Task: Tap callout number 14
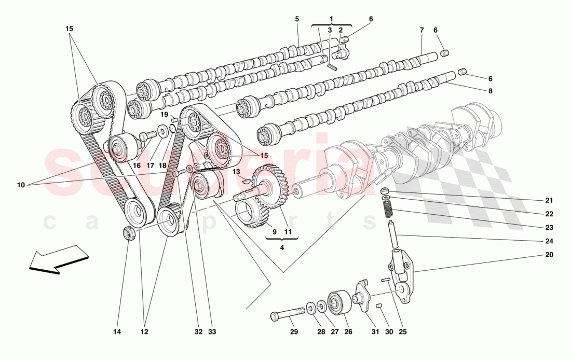[117, 331]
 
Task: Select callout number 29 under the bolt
[293, 331]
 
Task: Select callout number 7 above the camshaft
[422, 30]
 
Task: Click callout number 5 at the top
[297, 19]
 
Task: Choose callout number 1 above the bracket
[331, 19]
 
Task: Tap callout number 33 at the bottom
[212, 331]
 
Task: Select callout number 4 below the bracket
[282, 247]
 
